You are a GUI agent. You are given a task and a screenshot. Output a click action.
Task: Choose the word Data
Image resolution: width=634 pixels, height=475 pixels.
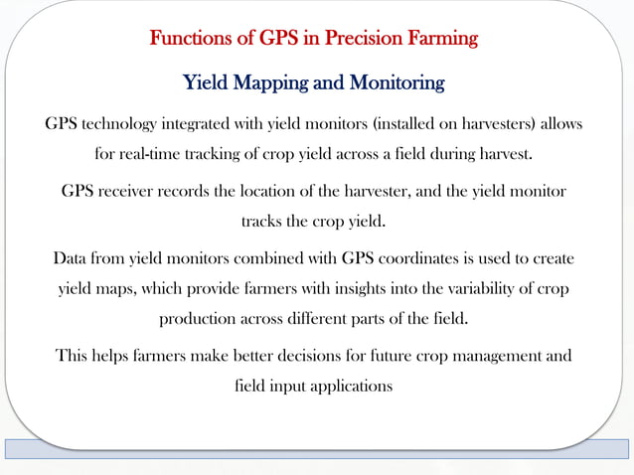tap(71, 259)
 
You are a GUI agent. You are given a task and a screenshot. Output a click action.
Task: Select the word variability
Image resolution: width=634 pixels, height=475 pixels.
tap(472, 290)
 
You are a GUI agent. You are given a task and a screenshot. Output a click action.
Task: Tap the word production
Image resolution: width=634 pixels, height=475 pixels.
tap(198, 320)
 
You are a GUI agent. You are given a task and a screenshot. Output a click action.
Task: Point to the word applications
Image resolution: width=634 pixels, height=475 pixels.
tap(345, 386)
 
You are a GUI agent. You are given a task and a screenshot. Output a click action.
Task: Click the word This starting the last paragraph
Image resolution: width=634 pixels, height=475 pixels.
tap(73, 355)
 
